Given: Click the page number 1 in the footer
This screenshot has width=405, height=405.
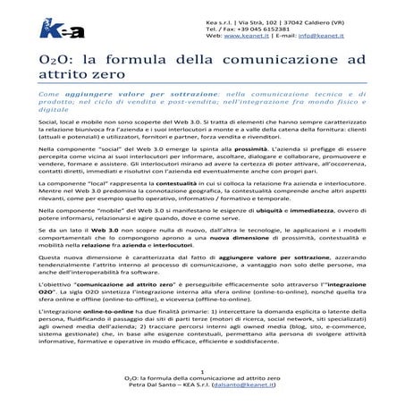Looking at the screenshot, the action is click(203, 371).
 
